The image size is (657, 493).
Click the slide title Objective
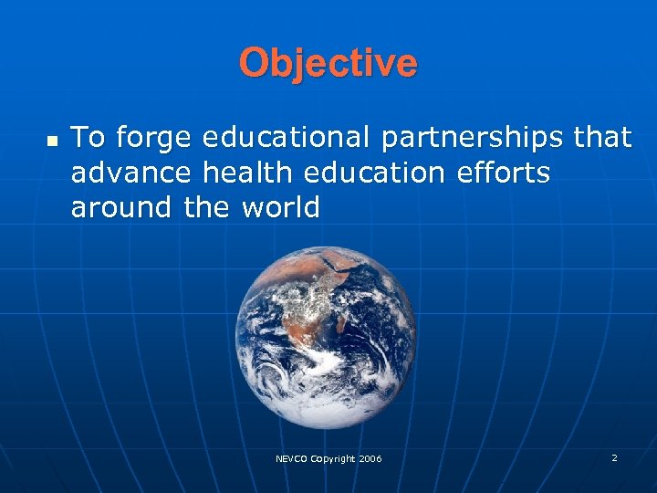328,63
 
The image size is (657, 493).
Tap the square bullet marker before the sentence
52,141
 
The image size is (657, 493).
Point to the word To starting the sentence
88,137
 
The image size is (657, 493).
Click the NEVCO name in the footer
292,458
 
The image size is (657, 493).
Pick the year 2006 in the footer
370,458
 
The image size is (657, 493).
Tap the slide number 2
614,457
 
